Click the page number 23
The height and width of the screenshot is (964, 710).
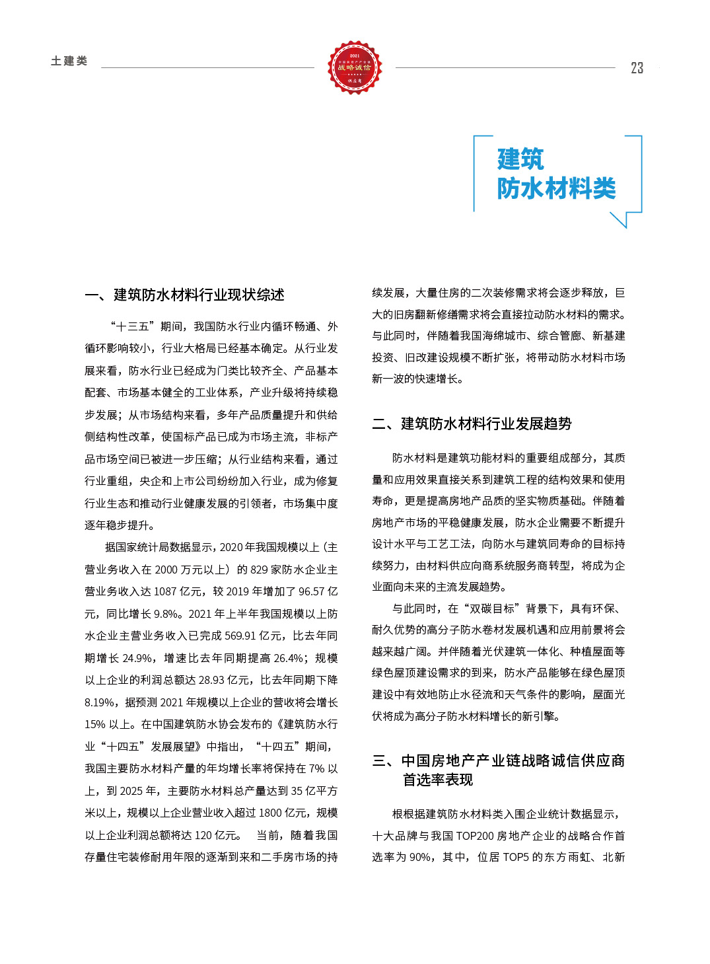637,68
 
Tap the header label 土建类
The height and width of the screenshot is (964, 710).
69,61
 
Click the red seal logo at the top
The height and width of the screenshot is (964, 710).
355,67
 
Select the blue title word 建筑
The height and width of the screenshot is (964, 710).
520,159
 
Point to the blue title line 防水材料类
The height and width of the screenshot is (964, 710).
556,188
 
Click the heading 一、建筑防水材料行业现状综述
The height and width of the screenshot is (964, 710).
185,295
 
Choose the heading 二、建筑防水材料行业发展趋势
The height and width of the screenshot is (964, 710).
472,424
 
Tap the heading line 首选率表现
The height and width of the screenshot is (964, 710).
438,780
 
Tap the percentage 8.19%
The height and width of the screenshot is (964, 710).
101,702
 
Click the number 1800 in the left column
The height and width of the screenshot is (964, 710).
271,813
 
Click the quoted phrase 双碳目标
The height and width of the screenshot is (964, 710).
491,609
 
